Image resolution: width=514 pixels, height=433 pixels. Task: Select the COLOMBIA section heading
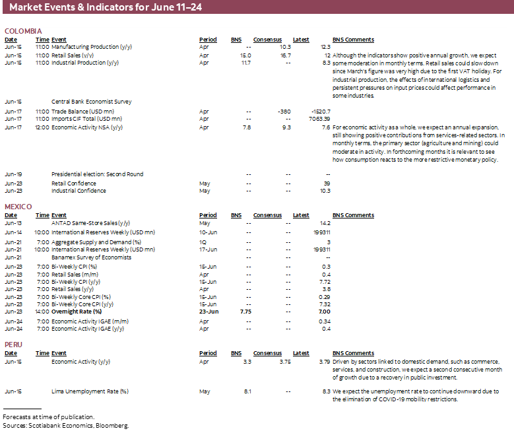click(23, 31)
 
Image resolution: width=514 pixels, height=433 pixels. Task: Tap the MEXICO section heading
click(18, 207)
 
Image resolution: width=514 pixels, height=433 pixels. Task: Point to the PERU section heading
click(14, 345)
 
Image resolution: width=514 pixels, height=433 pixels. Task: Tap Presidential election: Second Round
click(97, 175)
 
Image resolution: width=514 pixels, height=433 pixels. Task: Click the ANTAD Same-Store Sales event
click(90, 223)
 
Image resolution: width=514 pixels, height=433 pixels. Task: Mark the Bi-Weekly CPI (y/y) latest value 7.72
click(323, 282)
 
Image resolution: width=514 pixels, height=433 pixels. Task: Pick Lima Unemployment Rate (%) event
click(90, 391)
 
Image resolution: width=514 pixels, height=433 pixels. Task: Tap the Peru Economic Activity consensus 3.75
click(284, 362)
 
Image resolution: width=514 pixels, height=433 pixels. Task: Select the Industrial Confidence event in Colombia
click(79, 191)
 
